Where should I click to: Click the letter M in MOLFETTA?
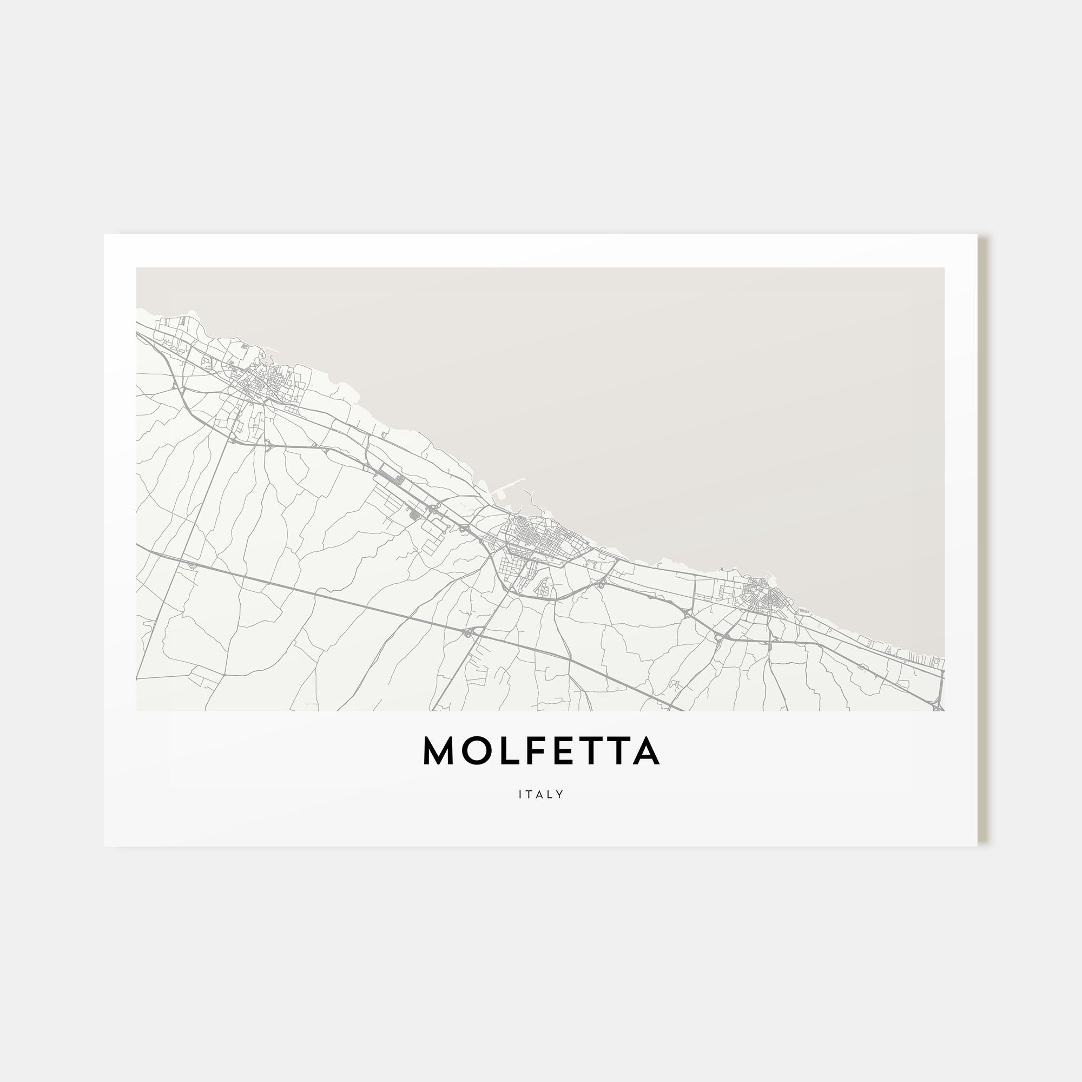439,751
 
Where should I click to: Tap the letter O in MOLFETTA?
474,751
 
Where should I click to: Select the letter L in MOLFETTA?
504,751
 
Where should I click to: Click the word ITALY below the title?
541,794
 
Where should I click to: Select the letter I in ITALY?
520,794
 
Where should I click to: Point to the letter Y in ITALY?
560,794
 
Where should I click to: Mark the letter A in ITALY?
540,794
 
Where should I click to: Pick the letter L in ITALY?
551,794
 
